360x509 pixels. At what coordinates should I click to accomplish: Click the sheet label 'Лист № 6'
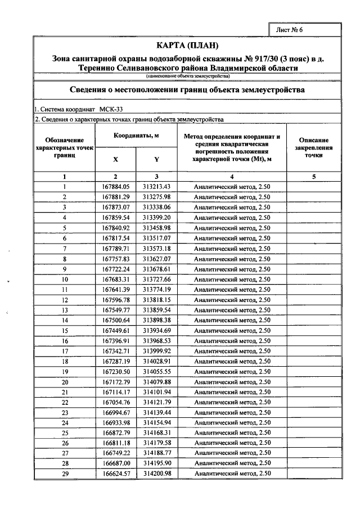[290, 30]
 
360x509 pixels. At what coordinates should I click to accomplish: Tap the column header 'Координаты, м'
[137, 136]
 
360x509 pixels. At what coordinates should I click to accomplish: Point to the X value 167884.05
[116, 186]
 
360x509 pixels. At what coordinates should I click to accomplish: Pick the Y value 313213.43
[156, 186]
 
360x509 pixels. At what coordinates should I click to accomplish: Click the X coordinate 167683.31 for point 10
[116, 279]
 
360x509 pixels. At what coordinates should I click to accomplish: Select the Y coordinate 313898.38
[156, 320]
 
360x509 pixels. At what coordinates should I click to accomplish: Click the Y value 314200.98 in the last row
[156, 474]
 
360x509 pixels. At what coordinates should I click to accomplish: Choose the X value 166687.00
[116, 464]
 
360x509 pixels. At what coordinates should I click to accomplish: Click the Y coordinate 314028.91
[156, 361]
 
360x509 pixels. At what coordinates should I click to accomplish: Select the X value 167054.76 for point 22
[116, 402]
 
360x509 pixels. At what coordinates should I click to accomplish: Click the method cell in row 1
[232, 186]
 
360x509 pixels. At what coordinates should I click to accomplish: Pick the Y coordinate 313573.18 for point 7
[156, 248]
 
